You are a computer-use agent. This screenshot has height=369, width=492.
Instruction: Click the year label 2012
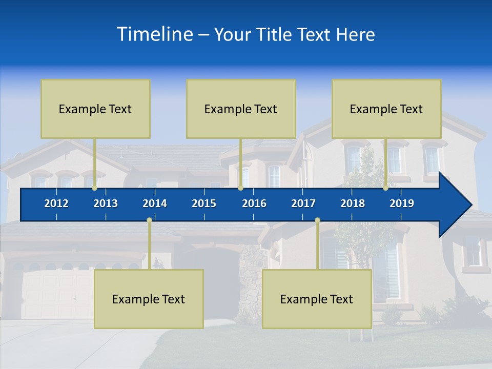pyautogui.click(x=56, y=203)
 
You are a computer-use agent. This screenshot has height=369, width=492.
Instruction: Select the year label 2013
pyautogui.click(x=106, y=203)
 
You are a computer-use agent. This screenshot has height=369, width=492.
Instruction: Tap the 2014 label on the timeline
pyautogui.click(x=155, y=203)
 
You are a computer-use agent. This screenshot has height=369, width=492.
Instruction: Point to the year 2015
pyautogui.click(x=204, y=203)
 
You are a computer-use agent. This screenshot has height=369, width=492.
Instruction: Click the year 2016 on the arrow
pyautogui.click(x=254, y=203)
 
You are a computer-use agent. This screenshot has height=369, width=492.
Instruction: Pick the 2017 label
pyautogui.click(x=303, y=203)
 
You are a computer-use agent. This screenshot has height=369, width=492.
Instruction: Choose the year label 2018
pyautogui.click(x=353, y=203)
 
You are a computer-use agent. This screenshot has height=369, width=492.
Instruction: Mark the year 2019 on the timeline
pyautogui.click(x=402, y=203)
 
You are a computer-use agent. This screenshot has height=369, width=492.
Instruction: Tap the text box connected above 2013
pyautogui.click(x=95, y=109)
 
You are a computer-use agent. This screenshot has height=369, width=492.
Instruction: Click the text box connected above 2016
pyautogui.click(x=241, y=109)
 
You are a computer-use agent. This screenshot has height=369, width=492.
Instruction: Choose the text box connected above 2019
pyautogui.click(x=386, y=109)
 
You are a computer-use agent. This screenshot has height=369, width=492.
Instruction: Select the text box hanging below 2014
pyautogui.click(x=149, y=299)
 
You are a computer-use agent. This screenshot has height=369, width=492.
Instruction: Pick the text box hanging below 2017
pyautogui.click(x=317, y=299)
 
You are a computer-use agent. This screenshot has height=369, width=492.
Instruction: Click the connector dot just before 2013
pyautogui.click(x=95, y=188)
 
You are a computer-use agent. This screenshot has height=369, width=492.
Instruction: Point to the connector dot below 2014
pyautogui.click(x=149, y=220)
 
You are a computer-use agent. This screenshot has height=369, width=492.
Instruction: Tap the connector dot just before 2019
pyautogui.click(x=386, y=188)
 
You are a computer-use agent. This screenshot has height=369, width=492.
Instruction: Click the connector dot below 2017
pyautogui.click(x=317, y=220)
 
